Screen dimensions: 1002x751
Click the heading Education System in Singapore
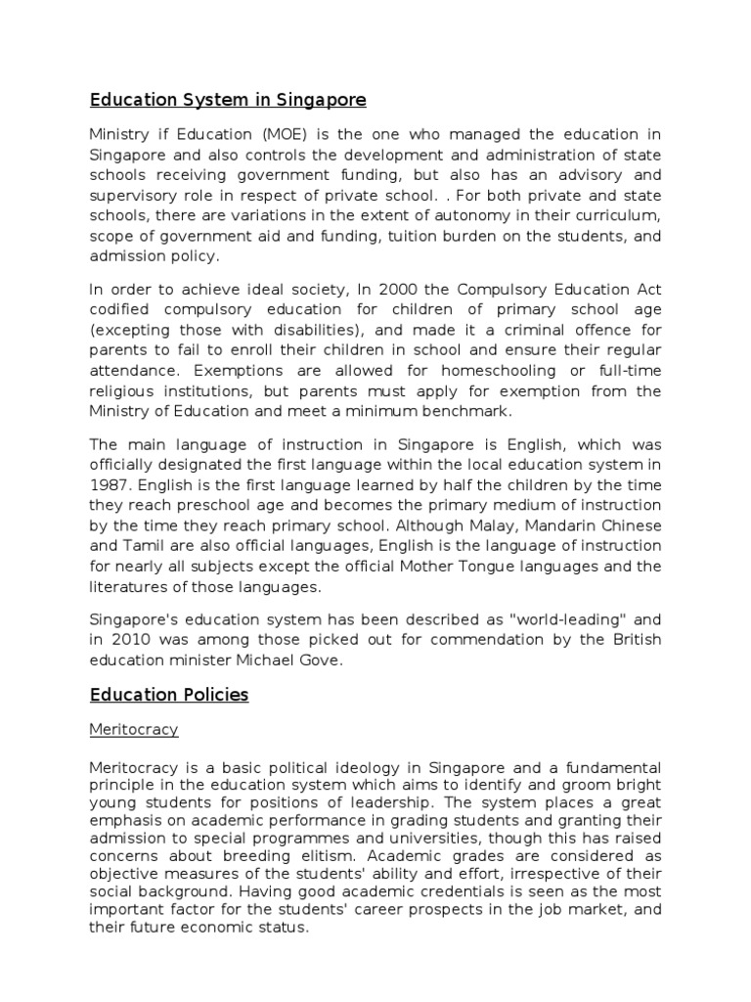pos(228,100)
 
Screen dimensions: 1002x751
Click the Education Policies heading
pos(169,696)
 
